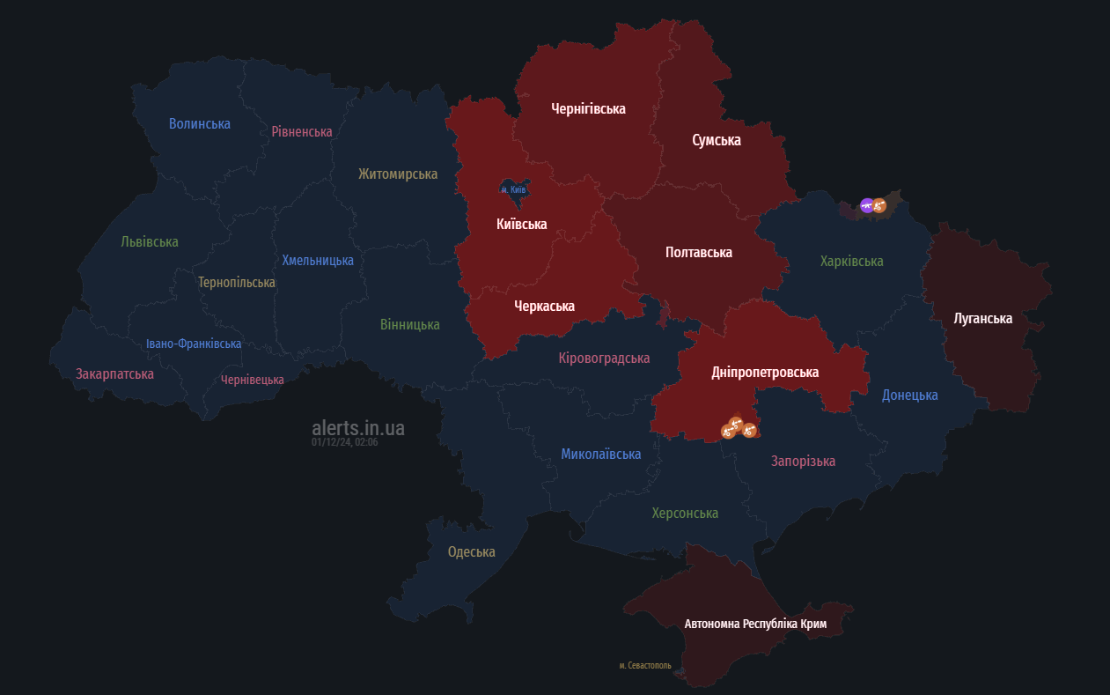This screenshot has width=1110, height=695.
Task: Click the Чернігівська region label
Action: tap(588, 109)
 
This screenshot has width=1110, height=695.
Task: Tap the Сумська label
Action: tap(716, 141)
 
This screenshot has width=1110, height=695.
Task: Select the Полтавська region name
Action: tap(698, 253)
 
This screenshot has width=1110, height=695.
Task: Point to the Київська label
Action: tap(521, 225)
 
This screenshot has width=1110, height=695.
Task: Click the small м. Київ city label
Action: tap(513, 189)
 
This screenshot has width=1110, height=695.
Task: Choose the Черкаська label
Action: tap(544, 307)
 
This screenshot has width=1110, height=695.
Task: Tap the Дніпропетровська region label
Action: tap(765, 373)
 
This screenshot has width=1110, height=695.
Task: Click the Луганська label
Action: tap(983, 319)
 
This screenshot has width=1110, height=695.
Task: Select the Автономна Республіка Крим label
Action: tap(755, 624)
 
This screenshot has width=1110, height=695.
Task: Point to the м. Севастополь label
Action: tap(645, 666)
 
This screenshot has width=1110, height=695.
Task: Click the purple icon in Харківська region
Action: tap(867, 205)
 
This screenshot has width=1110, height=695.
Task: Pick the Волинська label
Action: tap(200, 124)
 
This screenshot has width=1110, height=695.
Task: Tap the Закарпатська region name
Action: tap(114, 374)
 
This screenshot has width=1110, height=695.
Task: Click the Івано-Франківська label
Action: tap(194, 344)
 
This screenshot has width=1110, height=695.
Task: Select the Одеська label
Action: tap(471, 552)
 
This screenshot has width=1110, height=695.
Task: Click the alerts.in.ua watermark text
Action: tap(358, 428)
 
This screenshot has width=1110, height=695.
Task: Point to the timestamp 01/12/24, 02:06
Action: tap(344, 442)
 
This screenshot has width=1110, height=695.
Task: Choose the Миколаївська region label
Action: tap(601, 455)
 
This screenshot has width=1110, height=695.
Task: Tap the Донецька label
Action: tap(909, 396)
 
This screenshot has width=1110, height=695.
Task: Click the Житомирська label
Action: tap(398, 174)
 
